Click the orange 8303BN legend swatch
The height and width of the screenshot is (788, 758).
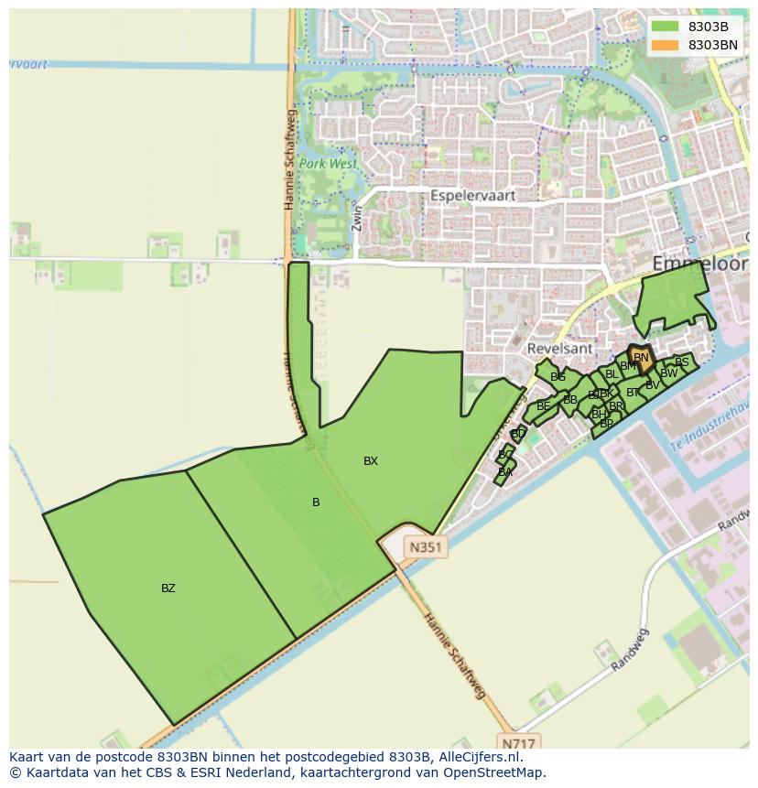[x=666, y=45]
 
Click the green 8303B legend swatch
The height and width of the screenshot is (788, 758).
[x=666, y=27]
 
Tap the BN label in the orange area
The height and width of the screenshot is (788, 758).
[x=641, y=358]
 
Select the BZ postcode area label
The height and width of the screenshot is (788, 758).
[x=168, y=588]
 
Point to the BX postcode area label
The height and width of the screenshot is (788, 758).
[x=370, y=461]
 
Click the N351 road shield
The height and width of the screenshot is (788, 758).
[x=426, y=547]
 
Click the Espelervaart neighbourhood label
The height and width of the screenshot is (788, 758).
[x=473, y=196]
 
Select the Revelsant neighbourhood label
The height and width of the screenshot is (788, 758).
[x=558, y=349]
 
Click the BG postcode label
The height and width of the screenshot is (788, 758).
[x=558, y=377]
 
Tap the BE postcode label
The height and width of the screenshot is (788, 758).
[x=544, y=406]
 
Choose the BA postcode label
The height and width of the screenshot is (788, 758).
[x=505, y=473]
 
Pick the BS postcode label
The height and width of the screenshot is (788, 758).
[x=681, y=362]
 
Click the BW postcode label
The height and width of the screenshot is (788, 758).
[x=669, y=373]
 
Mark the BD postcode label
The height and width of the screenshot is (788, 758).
[x=518, y=434]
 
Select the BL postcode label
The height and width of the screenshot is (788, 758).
[x=612, y=374]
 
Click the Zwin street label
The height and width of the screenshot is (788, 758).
[x=357, y=217]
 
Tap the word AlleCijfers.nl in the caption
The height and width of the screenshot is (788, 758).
[x=478, y=757]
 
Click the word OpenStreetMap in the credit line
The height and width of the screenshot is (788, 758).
[x=497, y=772]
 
